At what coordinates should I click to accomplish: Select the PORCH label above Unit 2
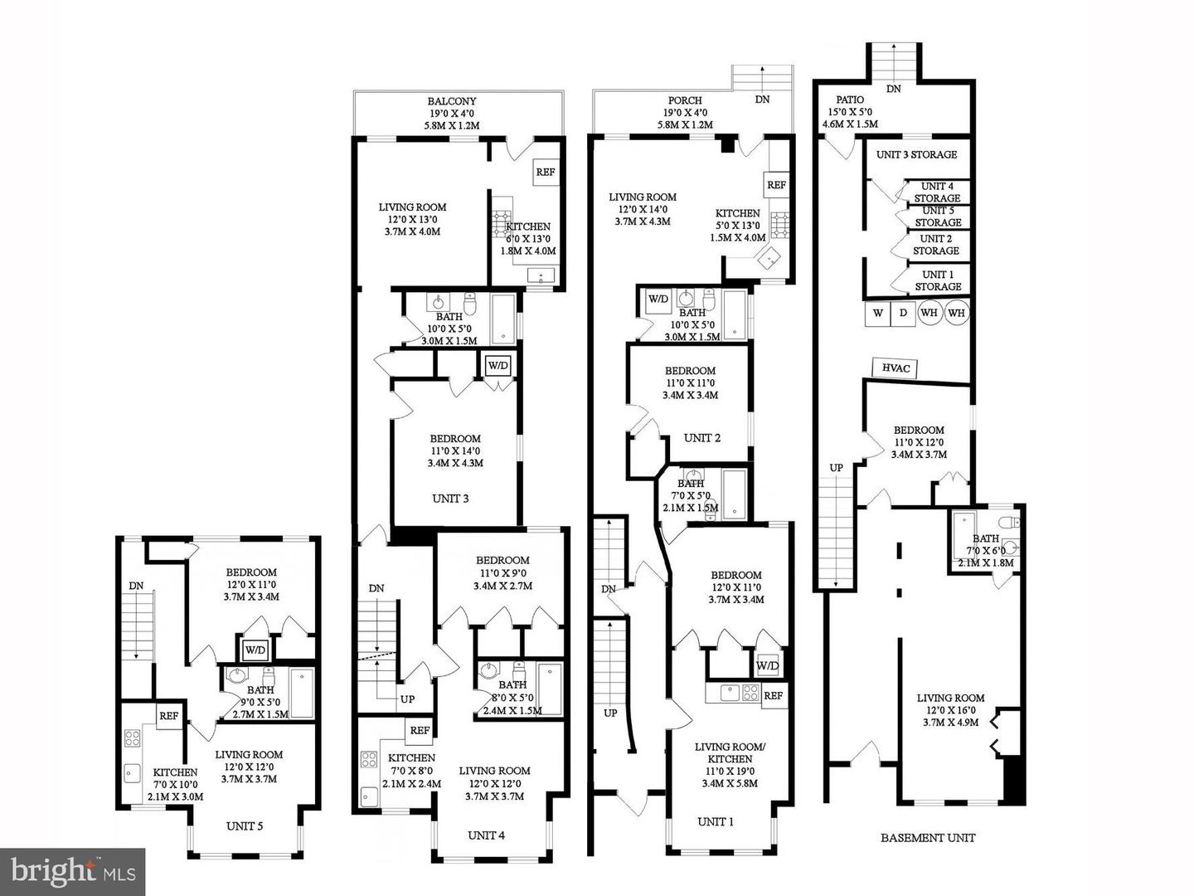click(x=685, y=100)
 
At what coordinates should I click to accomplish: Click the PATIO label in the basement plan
click(x=850, y=100)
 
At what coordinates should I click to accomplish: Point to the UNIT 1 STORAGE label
click(x=938, y=280)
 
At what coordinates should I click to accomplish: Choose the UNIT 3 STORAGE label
click(x=916, y=154)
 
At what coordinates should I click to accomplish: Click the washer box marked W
click(x=877, y=314)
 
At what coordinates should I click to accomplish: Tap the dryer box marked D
click(x=903, y=314)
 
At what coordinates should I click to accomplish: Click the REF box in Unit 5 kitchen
click(x=168, y=716)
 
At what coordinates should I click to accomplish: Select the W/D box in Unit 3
click(x=498, y=365)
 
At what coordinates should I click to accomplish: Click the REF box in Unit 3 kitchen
click(x=545, y=173)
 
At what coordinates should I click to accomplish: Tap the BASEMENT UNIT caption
click(x=928, y=838)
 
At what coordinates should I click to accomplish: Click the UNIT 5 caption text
click(x=245, y=825)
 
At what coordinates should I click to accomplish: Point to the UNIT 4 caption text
click(x=486, y=835)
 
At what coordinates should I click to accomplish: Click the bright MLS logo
click(x=73, y=872)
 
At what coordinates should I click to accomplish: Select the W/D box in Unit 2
click(x=658, y=299)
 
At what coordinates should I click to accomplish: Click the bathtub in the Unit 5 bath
click(x=302, y=693)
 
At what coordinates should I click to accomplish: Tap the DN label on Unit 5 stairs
click(x=136, y=586)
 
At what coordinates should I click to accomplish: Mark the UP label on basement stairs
click(x=837, y=468)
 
